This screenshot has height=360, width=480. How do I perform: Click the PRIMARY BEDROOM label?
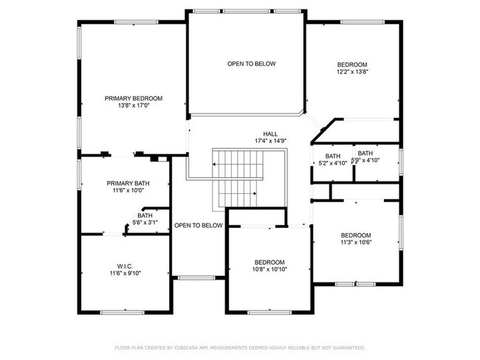pyautogui.click(x=134, y=98)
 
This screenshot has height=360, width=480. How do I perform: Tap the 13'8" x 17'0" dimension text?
pyautogui.click(x=134, y=105)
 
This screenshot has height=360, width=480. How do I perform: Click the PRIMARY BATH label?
pyautogui.click(x=128, y=183)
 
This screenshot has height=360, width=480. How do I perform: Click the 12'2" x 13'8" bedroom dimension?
pyautogui.click(x=352, y=72)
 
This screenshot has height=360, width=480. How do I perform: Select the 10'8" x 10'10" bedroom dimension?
pyautogui.click(x=270, y=269)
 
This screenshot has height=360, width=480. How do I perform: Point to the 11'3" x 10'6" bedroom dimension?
pyautogui.click(x=356, y=242)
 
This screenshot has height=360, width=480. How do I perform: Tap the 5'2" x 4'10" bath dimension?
pyautogui.click(x=332, y=163)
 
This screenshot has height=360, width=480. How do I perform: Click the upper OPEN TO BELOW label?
pyautogui.click(x=251, y=64)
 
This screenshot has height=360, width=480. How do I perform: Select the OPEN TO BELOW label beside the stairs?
pyautogui.click(x=198, y=226)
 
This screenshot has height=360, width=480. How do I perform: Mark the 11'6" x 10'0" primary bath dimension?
pyautogui.click(x=128, y=190)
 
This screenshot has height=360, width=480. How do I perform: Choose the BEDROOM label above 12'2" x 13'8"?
pyautogui.click(x=352, y=64)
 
